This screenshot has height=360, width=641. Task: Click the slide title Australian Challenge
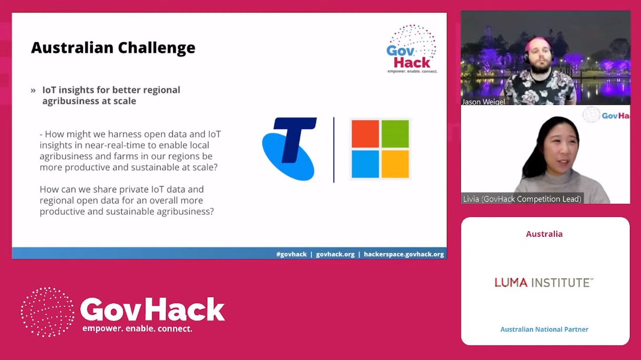point(113,48)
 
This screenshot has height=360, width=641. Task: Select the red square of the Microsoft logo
point(364,134)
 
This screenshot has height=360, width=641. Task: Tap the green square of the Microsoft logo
point(395,134)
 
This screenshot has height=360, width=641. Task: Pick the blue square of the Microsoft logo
point(364,164)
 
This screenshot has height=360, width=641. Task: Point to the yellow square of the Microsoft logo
point(395,164)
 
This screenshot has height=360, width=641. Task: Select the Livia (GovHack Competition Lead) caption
point(522,199)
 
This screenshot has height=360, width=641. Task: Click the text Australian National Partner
point(544,330)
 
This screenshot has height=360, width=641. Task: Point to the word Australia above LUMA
point(544,234)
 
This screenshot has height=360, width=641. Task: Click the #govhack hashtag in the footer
point(291,254)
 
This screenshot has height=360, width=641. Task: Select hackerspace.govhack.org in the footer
point(404,254)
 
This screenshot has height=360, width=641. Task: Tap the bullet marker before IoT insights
point(33,90)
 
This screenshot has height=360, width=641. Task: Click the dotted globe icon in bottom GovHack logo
point(47,312)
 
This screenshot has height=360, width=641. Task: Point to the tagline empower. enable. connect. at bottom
point(137,328)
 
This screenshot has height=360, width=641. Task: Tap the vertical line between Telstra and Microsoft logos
point(334,150)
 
